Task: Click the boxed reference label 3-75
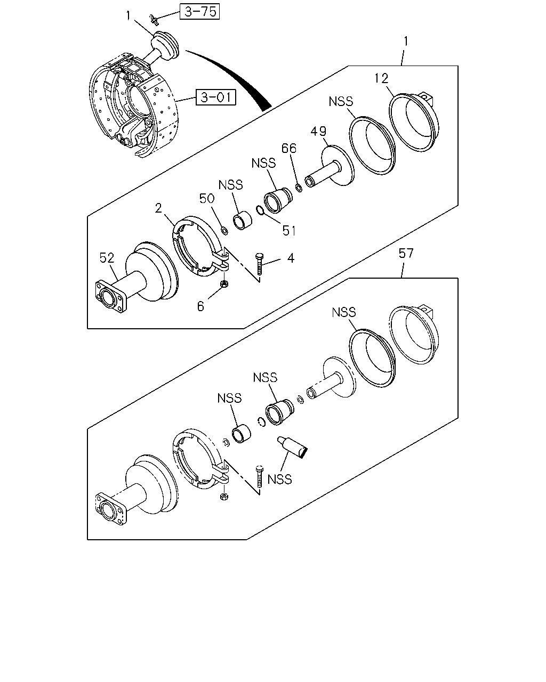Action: [199, 12]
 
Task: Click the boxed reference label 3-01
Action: [216, 97]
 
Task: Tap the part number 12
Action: [381, 78]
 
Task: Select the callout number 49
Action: [318, 131]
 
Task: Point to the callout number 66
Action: [288, 148]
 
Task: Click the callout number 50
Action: [207, 198]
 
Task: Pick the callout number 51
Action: [288, 231]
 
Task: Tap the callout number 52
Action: [107, 258]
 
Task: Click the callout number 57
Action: [406, 253]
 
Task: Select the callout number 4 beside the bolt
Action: [291, 258]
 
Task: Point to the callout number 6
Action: [200, 306]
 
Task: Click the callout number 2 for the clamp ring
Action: [158, 208]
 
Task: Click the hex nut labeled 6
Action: [224, 283]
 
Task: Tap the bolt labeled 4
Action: [260, 264]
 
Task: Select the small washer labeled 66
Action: [299, 188]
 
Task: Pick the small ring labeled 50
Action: [224, 231]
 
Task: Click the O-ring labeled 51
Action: [260, 210]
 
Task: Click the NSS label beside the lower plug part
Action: [279, 480]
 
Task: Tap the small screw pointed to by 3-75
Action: [154, 20]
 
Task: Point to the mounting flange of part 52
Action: [111, 297]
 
